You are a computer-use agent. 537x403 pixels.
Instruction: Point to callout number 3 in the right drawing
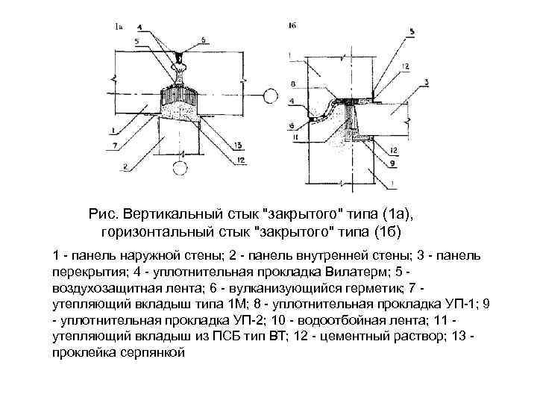pos(424,81)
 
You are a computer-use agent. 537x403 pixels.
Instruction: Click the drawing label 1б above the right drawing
pos(292,26)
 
